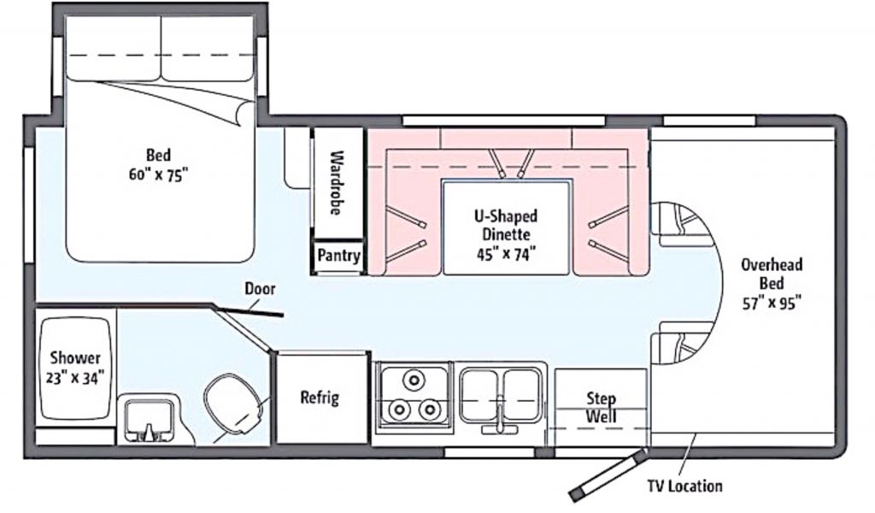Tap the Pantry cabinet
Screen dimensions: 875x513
[x=338, y=256]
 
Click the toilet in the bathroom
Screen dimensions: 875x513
[x=234, y=404]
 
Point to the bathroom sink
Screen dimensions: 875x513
[x=149, y=421]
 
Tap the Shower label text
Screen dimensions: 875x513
[x=75, y=357]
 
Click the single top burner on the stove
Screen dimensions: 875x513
[x=414, y=380]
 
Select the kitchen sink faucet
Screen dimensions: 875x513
[x=500, y=416]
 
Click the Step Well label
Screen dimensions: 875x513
[x=601, y=408]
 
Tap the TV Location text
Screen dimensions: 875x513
[x=684, y=486]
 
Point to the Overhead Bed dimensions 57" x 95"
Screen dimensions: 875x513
[x=772, y=303]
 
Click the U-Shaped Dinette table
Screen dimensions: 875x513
[x=506, y=227]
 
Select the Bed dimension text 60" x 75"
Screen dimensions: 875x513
[x=158, y=174]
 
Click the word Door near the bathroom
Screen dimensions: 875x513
[x=260, y=289]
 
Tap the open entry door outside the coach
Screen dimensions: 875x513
[x=608, y=476]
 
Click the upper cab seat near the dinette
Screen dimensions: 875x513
[x=682, y=224]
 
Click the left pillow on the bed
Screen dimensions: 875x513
[x=114, y=49]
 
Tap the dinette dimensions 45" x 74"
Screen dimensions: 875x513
[x=506, y=255]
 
